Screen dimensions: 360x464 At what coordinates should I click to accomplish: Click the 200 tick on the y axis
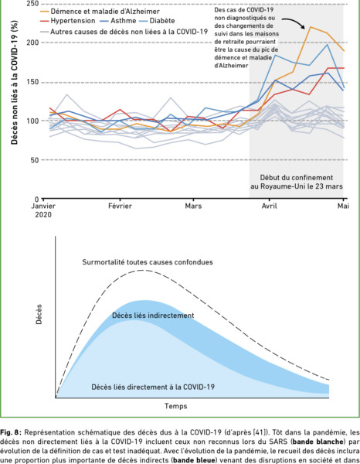click(34, 43)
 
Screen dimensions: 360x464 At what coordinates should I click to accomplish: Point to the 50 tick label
click(36, 160)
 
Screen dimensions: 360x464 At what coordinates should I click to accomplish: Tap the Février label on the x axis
click(120, 206)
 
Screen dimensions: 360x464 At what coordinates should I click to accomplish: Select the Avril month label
click(270, 206)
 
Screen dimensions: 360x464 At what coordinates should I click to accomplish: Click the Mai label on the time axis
click(343, 206)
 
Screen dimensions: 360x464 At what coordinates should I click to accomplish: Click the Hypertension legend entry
click(68, 21)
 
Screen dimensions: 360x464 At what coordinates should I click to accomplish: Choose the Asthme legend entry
click(118, 21)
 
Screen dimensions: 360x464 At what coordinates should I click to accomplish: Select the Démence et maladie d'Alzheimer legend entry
click(100, 12)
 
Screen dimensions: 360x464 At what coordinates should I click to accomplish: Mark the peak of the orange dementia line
click(311, 27)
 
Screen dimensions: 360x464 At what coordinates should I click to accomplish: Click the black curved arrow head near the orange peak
click(303, 27)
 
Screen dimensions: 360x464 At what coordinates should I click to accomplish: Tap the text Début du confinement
click(297, 178)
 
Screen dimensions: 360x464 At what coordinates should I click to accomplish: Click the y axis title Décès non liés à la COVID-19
click(14, 83)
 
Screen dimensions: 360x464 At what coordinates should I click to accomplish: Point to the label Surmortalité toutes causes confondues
click(148, 262)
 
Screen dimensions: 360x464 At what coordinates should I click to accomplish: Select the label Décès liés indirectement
click(153, 316)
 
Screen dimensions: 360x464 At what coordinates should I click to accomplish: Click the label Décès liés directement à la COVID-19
click(153, 387)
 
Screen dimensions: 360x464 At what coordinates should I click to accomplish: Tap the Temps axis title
click(176, 406)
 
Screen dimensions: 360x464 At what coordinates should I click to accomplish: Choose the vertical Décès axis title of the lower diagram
click(39, 314)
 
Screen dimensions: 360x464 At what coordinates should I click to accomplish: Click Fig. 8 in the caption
click(10, 432)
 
